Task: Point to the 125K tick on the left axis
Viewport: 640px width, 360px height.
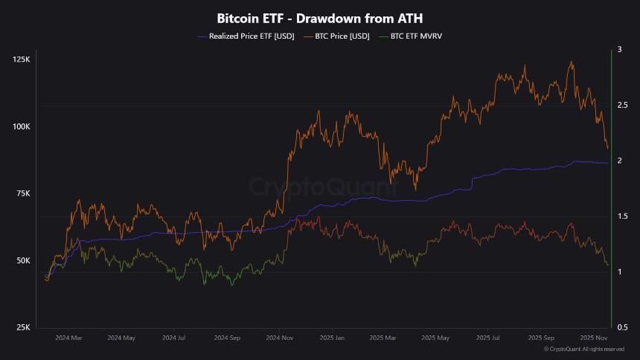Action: click(x=21, y=59)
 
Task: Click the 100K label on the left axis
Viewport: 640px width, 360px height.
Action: click(x=21, y=126)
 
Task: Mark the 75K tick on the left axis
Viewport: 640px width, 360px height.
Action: click(x=22, y=193)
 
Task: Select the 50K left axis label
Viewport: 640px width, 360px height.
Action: click(x=22, y=260)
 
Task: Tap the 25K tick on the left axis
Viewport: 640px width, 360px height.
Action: click(x=22, y=327)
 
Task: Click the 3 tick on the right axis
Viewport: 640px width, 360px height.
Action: click(x=619, y=50)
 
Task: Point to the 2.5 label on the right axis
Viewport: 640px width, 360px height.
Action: click(x=621, y=106)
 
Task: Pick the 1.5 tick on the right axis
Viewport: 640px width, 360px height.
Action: click(x=621, y=216)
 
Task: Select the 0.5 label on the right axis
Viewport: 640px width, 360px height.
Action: click(x=621, y=327)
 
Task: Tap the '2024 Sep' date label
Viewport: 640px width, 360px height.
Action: click(x=226, y=338)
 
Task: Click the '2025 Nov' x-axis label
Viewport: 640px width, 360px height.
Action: click(x=592, y=338)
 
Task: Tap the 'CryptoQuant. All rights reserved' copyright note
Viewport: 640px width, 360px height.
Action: click(x=583, y=349)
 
